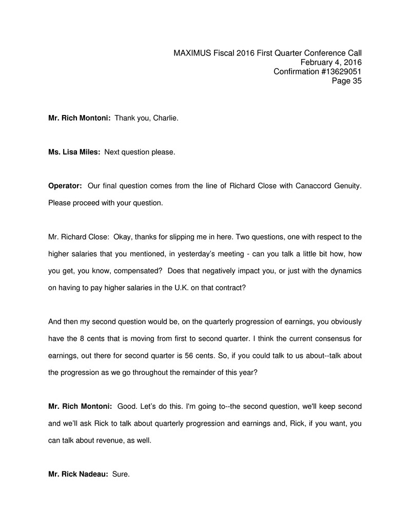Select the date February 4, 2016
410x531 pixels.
coord(331,62)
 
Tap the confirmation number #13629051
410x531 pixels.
coord(343,71)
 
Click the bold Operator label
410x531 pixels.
coord(65,185)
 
